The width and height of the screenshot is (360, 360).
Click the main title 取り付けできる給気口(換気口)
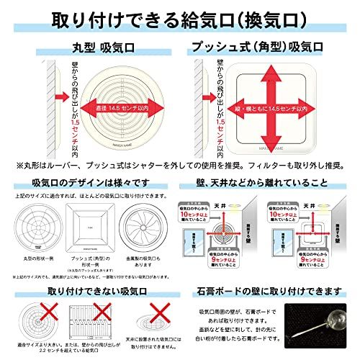click(x=180, y=16)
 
